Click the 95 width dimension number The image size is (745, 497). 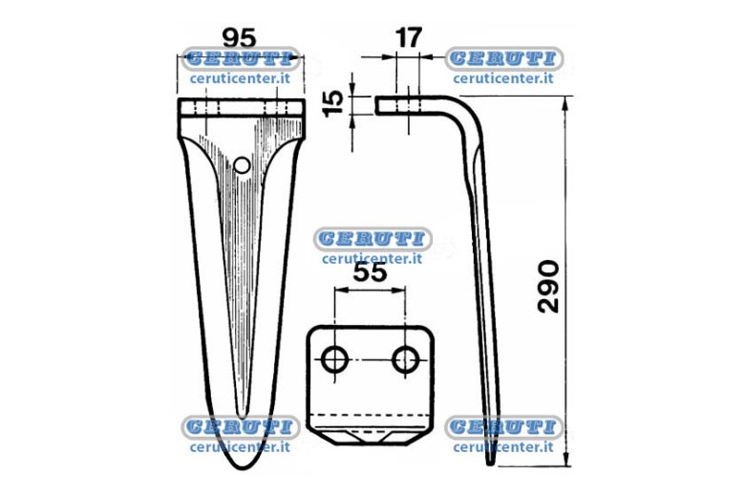pyautogui.click(x=240, y=38)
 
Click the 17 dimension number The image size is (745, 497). pyautogui.click(x=408, y=37)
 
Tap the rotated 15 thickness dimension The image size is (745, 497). pyautogui.click(x=333, y=103)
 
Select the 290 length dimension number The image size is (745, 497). pyautogui.click(x=548, y=287)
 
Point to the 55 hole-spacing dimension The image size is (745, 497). pyautogui.click(x=371, y=273)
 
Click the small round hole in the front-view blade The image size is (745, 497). pyautogui.click(x=243, y=165)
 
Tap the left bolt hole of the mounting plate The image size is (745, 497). pyautogui.click(x=335, y=359)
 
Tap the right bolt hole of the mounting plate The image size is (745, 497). pyautogui.click(x=405, y=359)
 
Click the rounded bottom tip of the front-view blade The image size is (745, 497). pyautogui.click(x=242, y=467)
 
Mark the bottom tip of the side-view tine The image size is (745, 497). pyautogui.click(x=491, y=463)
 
